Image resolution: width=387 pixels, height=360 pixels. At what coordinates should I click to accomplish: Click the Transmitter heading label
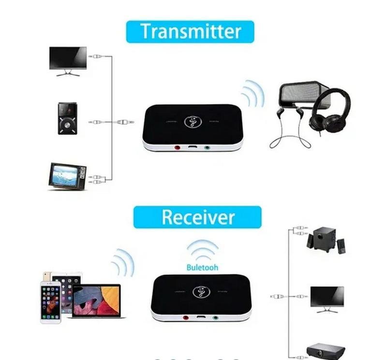(x=190, y=31)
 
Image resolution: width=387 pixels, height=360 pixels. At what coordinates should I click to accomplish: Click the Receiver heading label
(x=197, y=217)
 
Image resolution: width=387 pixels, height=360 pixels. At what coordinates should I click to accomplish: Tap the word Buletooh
(x=202, y=267)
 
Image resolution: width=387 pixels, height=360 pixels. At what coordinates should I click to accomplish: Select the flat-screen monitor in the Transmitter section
(x=68, y=60)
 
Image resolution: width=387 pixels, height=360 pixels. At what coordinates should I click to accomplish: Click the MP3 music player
(x=67, y=119)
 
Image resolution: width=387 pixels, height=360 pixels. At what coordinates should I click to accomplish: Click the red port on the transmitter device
(x=177, y=148)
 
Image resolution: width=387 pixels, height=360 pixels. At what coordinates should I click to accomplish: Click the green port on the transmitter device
(x=208, y=148)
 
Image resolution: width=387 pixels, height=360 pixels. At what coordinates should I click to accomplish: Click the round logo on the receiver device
(x=201, y=292)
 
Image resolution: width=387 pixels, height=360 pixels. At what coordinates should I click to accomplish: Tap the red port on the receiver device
(x=186, y=318)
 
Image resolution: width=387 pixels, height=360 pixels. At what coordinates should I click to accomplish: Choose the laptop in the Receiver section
(x=96, y=301)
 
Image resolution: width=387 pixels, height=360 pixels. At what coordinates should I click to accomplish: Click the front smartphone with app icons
(x=50, y=302)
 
